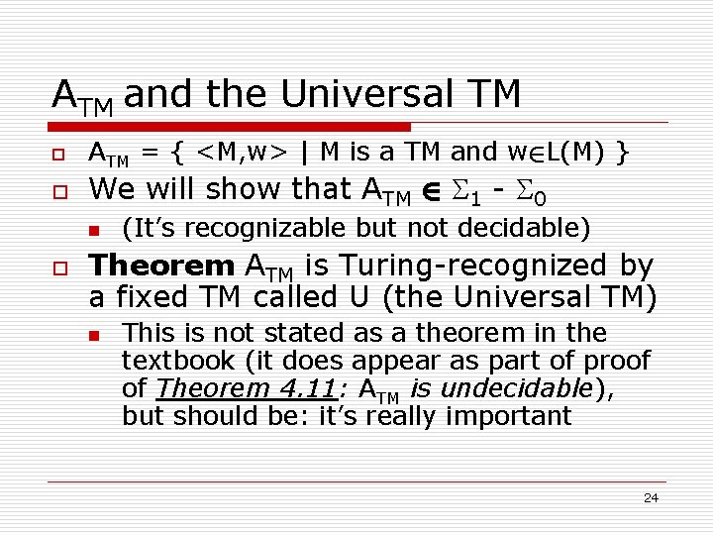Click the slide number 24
point(651,498)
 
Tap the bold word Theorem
point(161,266)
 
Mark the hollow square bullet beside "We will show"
point(60,190)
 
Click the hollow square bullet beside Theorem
point(60,267)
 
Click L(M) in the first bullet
point(573,153)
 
